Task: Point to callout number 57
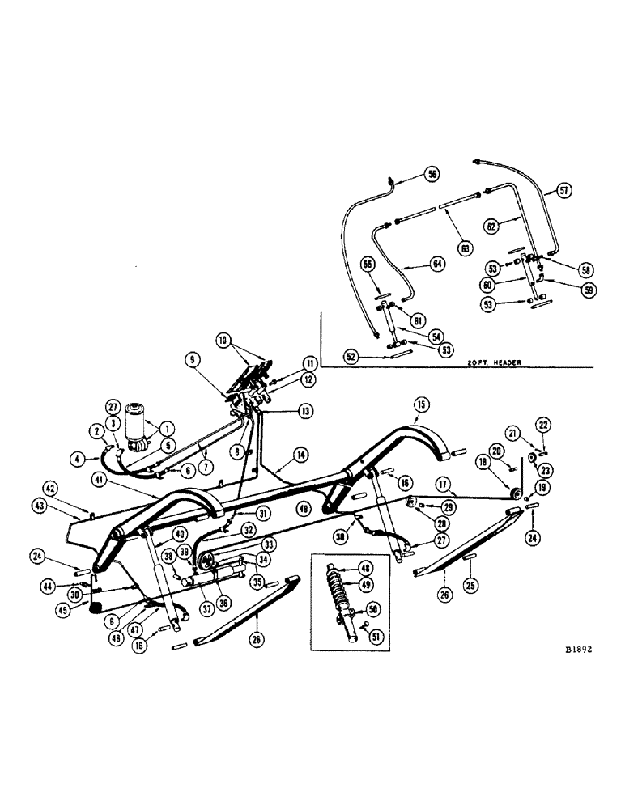coord(564,191)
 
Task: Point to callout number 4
coord(78,459)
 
